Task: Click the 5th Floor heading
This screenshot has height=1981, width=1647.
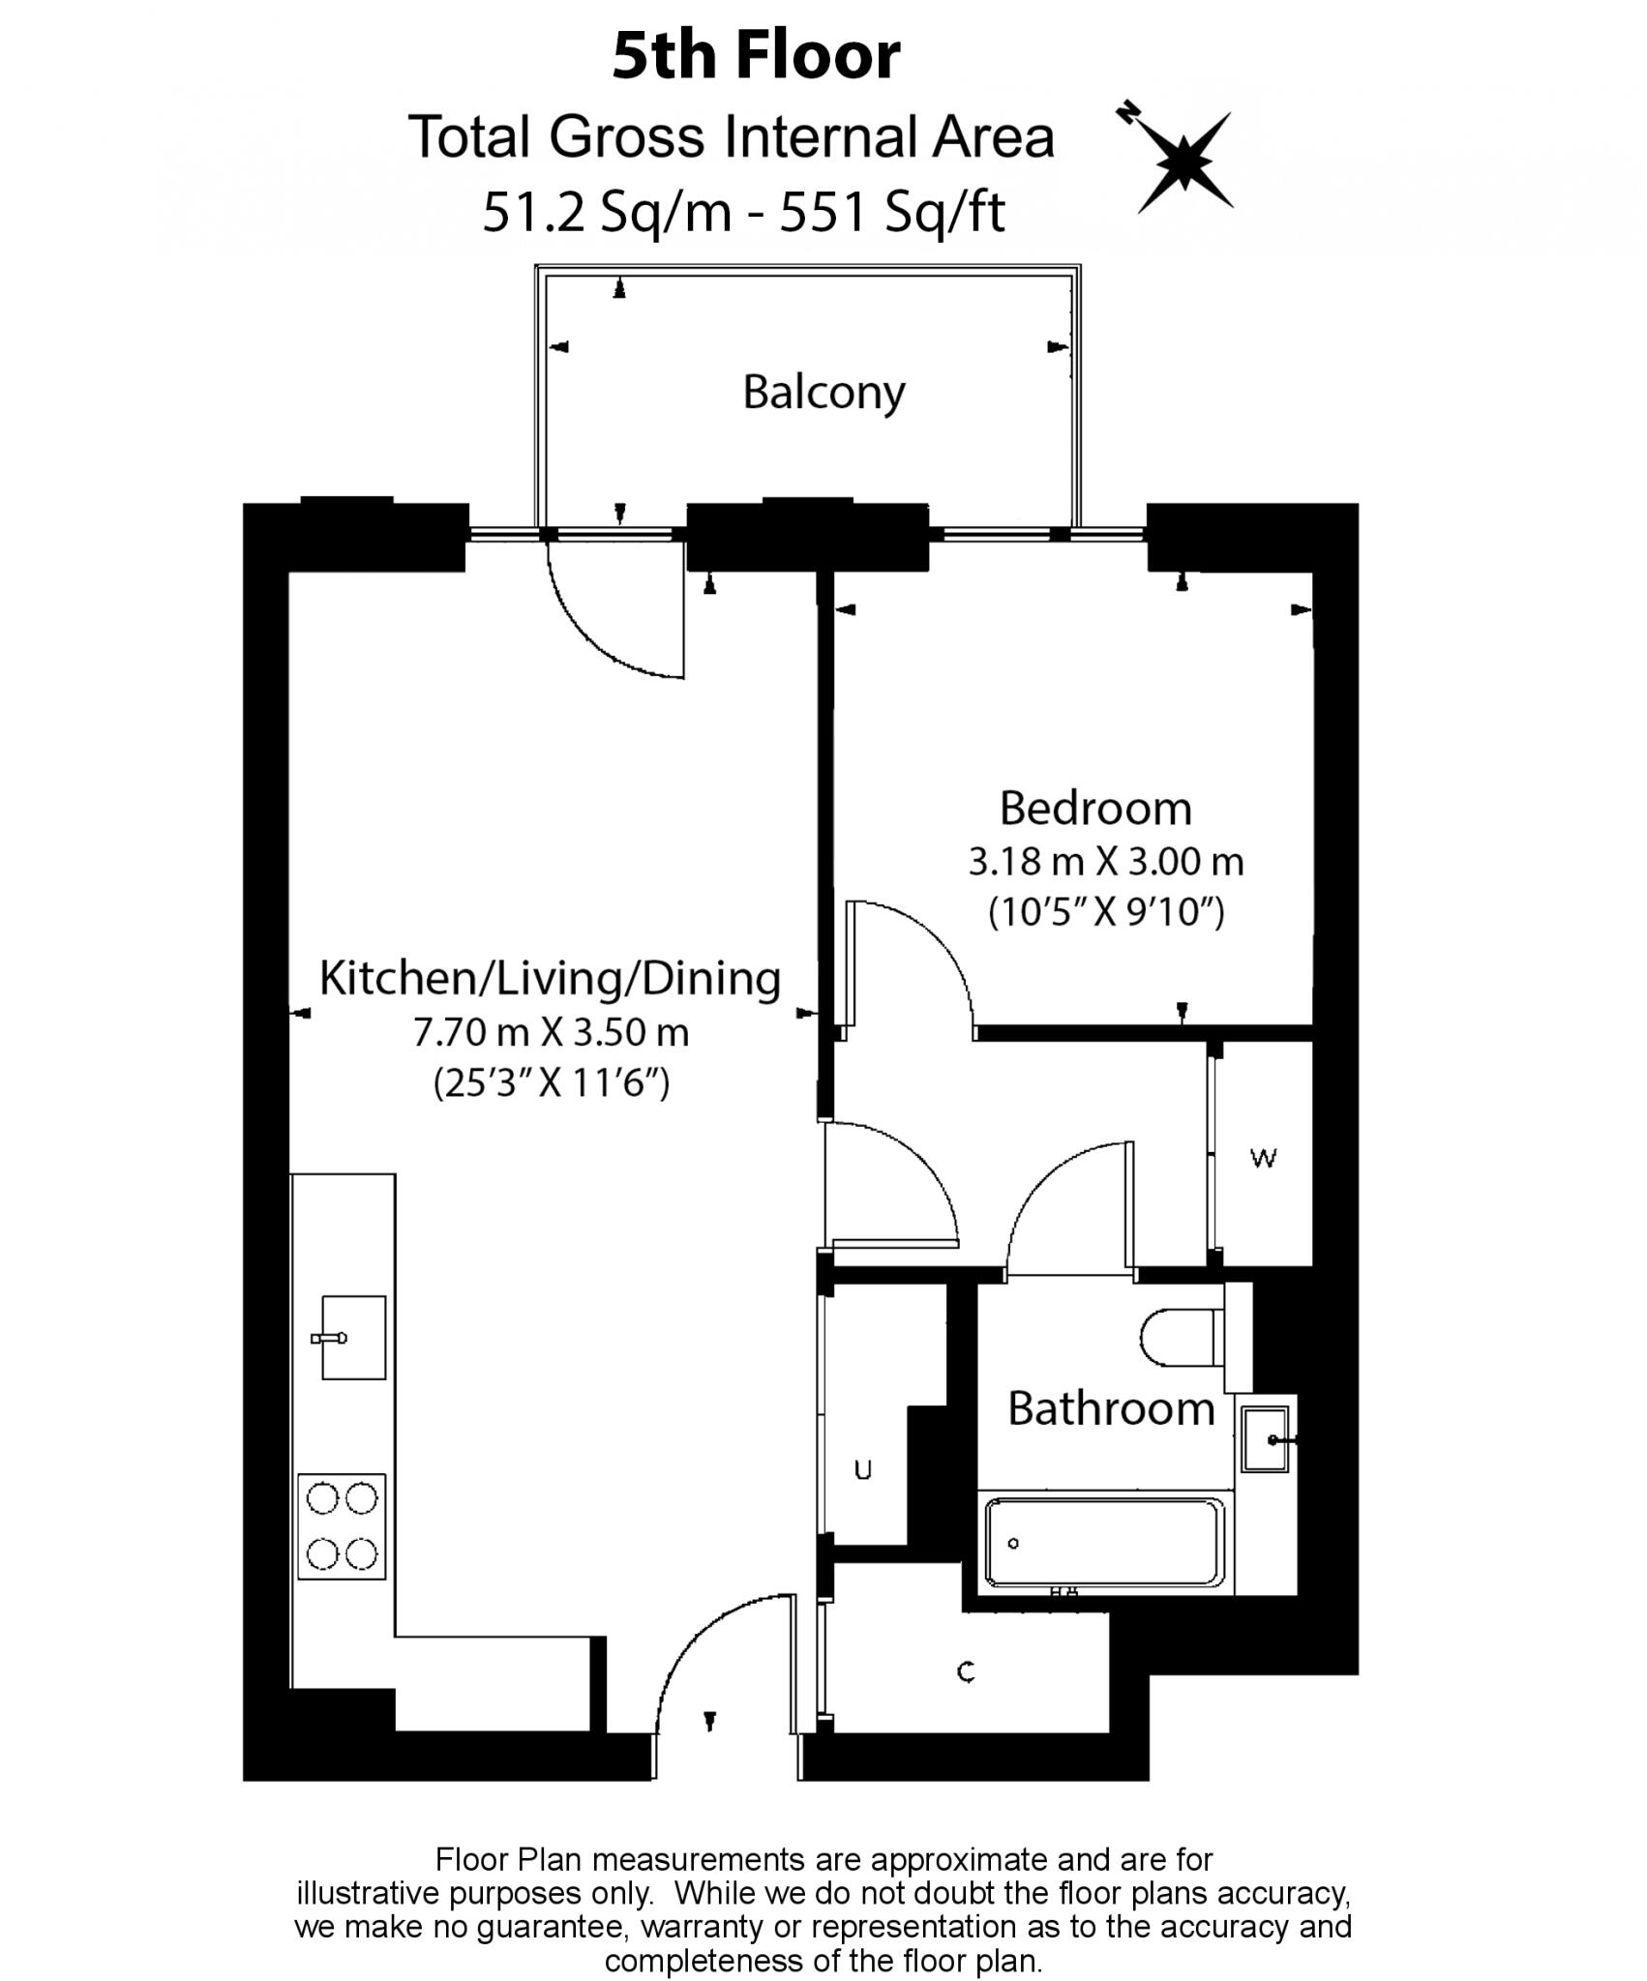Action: pos(756,56)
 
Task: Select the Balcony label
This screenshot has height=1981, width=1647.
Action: pos(823,393)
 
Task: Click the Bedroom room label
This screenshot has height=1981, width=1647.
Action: pos(1094,809)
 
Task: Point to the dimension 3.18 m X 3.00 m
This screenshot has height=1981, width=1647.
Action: pos(1105,861)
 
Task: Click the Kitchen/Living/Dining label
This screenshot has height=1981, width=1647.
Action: pos(550,979)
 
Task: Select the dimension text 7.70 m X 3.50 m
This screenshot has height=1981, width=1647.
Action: pos(551,1033)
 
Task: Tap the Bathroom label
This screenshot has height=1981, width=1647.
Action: pos(1110,1409)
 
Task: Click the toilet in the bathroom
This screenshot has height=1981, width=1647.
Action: pos(1184,1339)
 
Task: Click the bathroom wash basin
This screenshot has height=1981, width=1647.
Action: pos(1266,1439)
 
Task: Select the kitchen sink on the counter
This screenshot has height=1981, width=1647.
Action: pos(352,1338)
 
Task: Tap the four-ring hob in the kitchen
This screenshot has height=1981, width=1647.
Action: pos(342,1526)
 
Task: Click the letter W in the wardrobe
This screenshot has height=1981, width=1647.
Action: pos(1263,1157)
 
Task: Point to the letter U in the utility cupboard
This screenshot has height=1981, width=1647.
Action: pos(863,1471)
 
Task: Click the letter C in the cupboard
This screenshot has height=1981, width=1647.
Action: pos(965,1671)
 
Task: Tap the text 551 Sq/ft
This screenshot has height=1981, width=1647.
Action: pos(892,213)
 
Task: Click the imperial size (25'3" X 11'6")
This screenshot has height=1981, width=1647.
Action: pos(551,1083)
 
